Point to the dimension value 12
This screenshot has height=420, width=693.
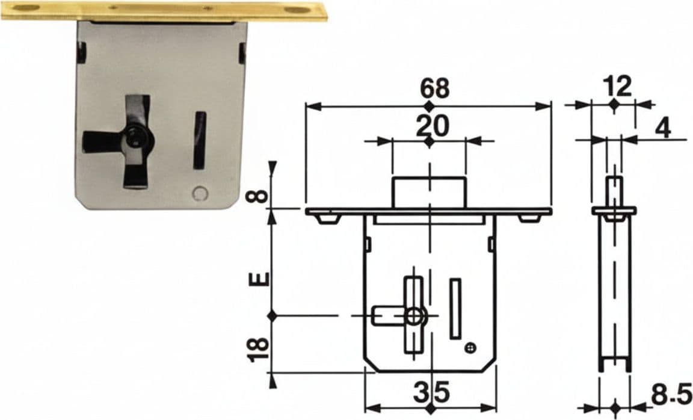619,87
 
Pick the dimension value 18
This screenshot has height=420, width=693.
258,350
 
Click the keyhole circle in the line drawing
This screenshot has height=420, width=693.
415,316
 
